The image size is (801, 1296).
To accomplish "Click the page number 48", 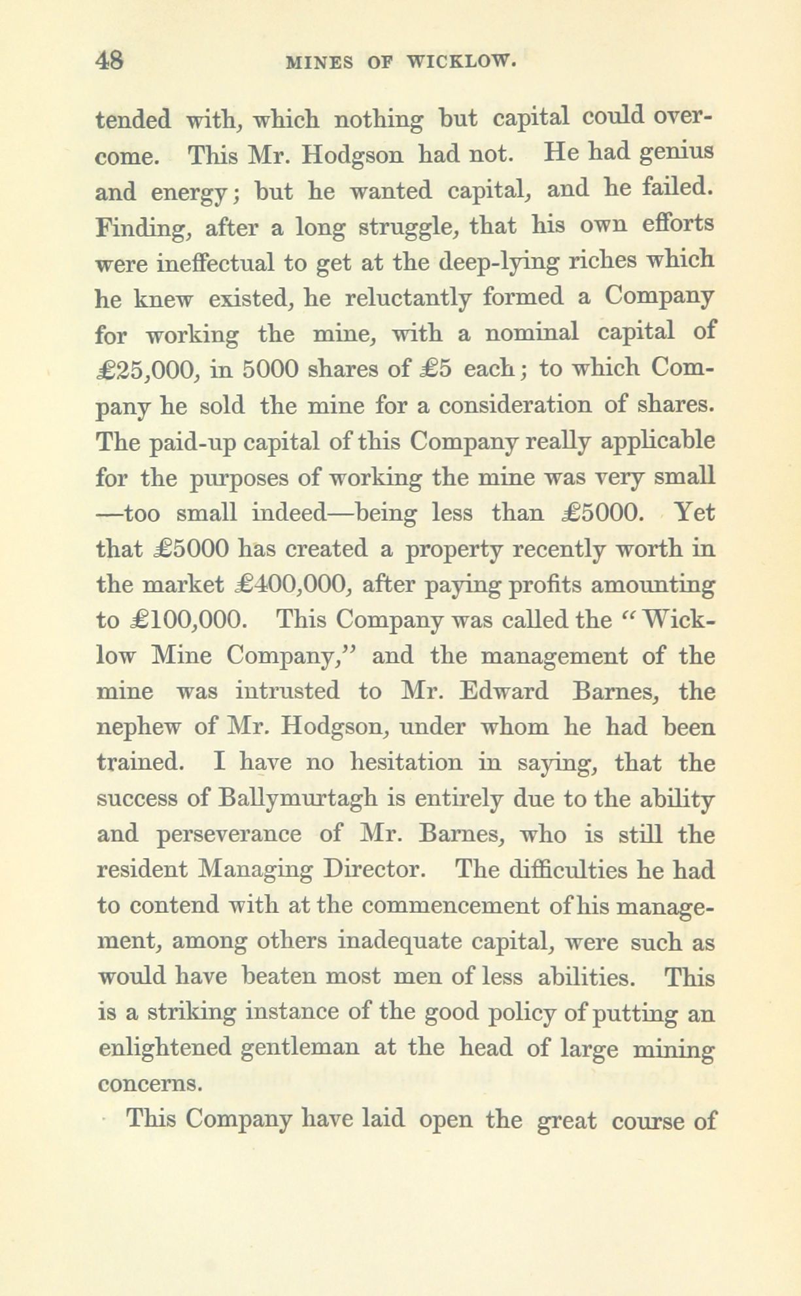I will tap(109, 61).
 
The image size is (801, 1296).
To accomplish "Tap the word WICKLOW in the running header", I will tap(463, 62).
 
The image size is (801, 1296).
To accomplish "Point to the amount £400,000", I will tap(283, 584).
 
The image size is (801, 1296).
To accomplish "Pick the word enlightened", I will tap(165, 1048).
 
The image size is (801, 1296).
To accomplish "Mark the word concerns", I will tap(148, 1084).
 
